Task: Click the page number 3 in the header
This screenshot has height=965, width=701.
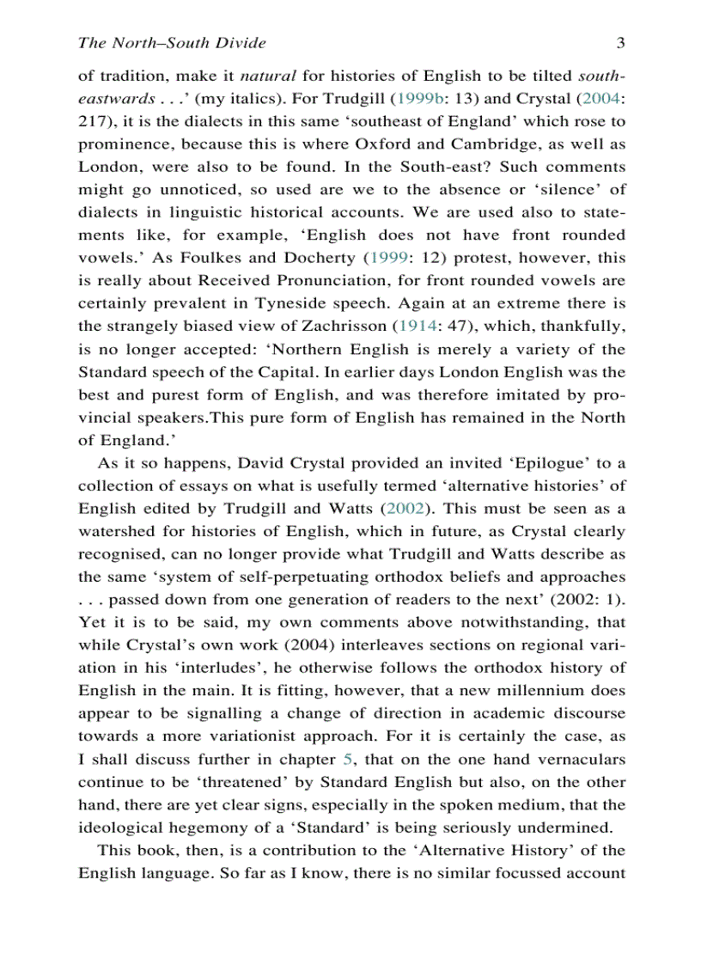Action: click(x=620, y=43)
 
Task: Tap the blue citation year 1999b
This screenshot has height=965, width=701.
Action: click(x=420, y=98)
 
